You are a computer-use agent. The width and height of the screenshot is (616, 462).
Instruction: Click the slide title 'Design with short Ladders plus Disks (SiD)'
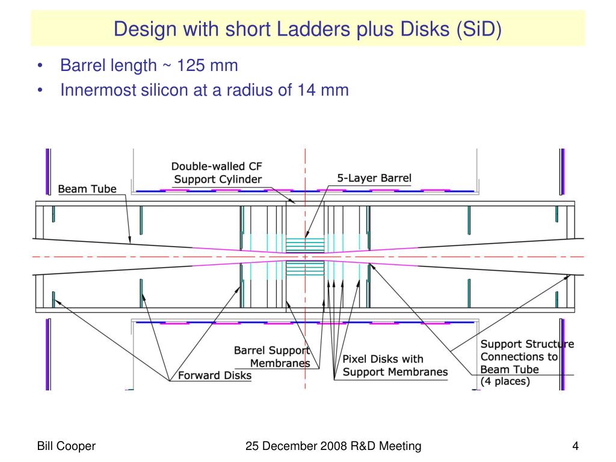click(307, 28)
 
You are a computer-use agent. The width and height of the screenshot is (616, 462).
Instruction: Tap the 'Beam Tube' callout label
click(87, 189)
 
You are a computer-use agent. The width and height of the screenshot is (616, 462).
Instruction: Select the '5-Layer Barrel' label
click(374, 178)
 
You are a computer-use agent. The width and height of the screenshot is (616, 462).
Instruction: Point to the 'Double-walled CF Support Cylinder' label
click(217, 173)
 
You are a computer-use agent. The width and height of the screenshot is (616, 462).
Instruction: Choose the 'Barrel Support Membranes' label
click(271, 357)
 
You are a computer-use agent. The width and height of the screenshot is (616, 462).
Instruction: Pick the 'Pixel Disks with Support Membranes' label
click(395, 366)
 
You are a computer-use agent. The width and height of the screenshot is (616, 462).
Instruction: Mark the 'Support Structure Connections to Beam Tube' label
click(527, 357)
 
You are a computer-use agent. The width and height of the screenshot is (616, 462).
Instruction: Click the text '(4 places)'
click(505, 382)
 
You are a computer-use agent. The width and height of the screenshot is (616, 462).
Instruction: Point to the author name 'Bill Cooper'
click(67, 446)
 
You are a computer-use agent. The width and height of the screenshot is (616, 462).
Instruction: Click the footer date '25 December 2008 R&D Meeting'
click(333, 446)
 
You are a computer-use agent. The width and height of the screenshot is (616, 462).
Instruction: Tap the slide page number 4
click(576, 446)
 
